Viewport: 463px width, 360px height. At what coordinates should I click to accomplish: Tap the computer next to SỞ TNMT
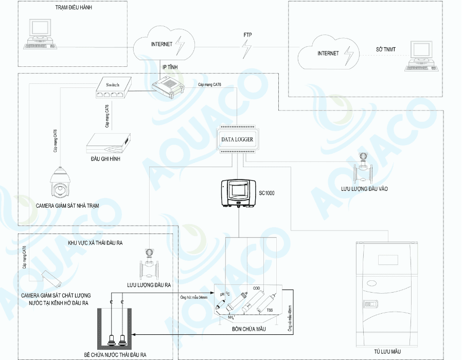421,56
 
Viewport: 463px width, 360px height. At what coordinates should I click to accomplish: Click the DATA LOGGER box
237,139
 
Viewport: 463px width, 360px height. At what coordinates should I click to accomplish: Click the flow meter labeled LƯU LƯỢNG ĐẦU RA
149,264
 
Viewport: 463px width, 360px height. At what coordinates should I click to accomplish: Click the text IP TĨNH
171,67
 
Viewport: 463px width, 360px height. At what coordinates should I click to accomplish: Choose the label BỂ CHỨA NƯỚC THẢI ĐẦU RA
116,355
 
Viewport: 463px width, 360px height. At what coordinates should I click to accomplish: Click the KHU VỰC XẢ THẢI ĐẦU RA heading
98,242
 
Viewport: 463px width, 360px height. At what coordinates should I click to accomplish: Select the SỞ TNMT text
386,50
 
